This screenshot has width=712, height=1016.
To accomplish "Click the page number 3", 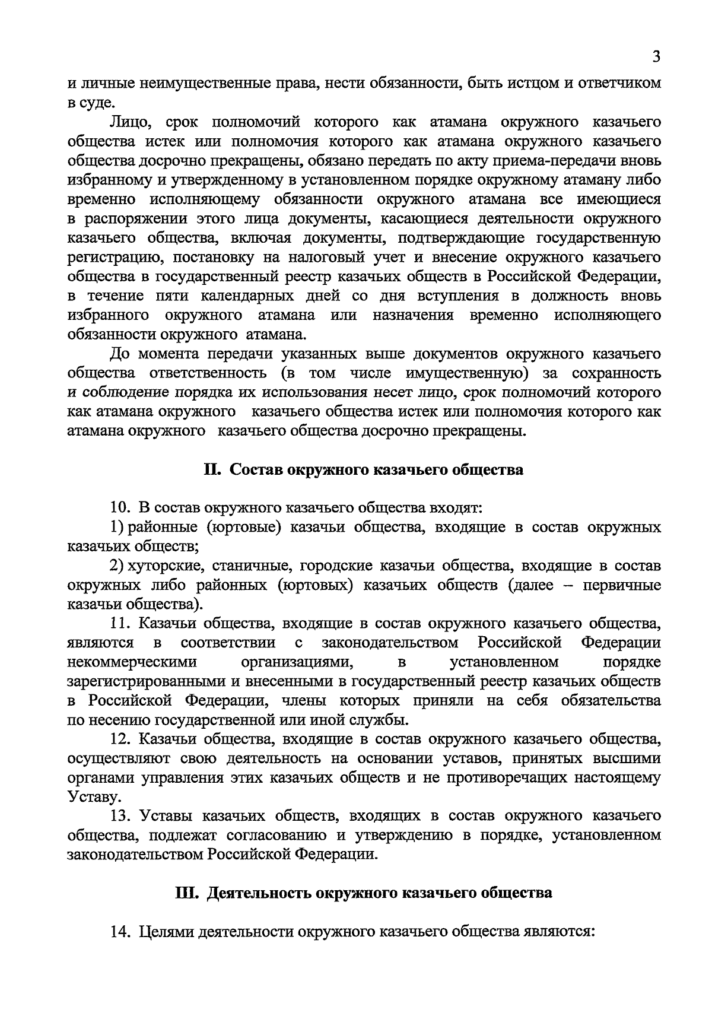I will point(656,57).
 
